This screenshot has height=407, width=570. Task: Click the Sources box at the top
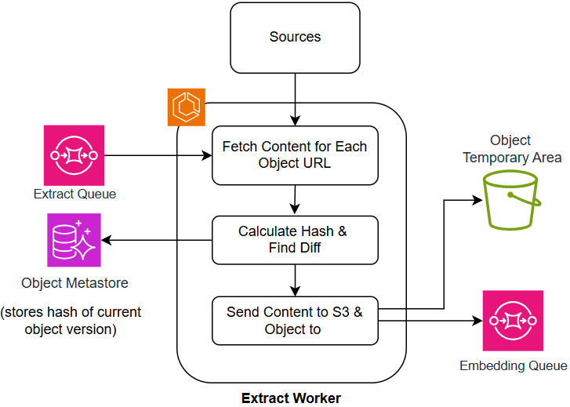[295, 37]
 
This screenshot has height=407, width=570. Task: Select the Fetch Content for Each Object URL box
[295, 154]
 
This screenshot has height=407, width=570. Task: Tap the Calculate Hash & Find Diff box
[295, 240]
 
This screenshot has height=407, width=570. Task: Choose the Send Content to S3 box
[295, 320]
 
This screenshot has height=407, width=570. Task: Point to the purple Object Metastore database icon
[74, 240]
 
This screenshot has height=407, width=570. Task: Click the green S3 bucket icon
[512, 200]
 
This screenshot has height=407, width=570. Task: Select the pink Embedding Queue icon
[513, 321]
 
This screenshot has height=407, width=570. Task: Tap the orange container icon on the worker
[187, 107]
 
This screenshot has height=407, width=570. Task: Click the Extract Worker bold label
[291, 398]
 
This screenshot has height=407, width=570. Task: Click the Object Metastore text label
[74, 282]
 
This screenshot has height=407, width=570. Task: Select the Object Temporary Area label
[512, 149]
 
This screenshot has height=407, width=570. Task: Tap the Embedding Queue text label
[513, 365]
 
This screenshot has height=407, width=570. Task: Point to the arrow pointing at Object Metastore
[157, 240]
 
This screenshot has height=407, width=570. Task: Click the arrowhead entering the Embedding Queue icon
[476, 321]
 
